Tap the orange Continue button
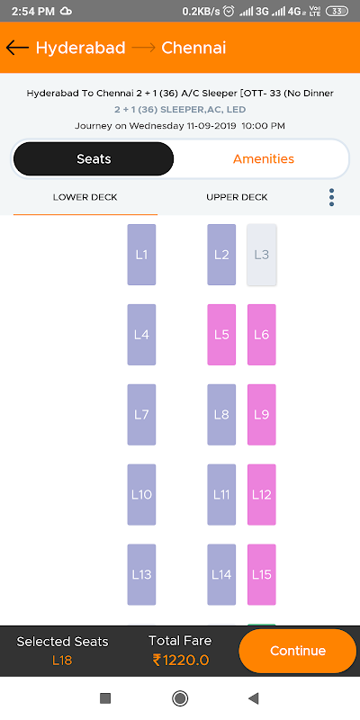pyautogui.click(x=298, y=651)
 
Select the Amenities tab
pyautogui.click(x=264, y=159)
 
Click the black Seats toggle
pyautogui.click(x=94, y=159)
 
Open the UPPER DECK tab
pyautogui.click(x=237, y=197)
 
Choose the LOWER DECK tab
pyautogui.click(x=85, y=197)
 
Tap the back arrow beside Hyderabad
pyautogui.click(x=17, y=48)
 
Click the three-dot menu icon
pyautogui.click(x=331, y=197)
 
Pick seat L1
pyautogui.click(x=141, y=255)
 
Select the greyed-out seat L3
pyautogui.click(x=262, y=255)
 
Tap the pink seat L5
pyautogui.click(x=221, y=335)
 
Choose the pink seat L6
pyautogui.click(x=262, y=335)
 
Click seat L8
pyautogui.click(x=221, y=415)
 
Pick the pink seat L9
pyautogui.click(x=262, y=415)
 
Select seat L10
pyautogui.click(x=141, y=494)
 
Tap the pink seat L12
pyautogui.click(x=262, y=494)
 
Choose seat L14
pyautogui.click(x=221, y=574)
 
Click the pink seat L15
pyautogui.click(x=262, y=574)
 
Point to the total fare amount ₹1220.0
pyautogui.click(x=181, y=661)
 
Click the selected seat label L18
pyautogui.click(x=62, y=661)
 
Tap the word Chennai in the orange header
pyautogui.click(x=193, y=49)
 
